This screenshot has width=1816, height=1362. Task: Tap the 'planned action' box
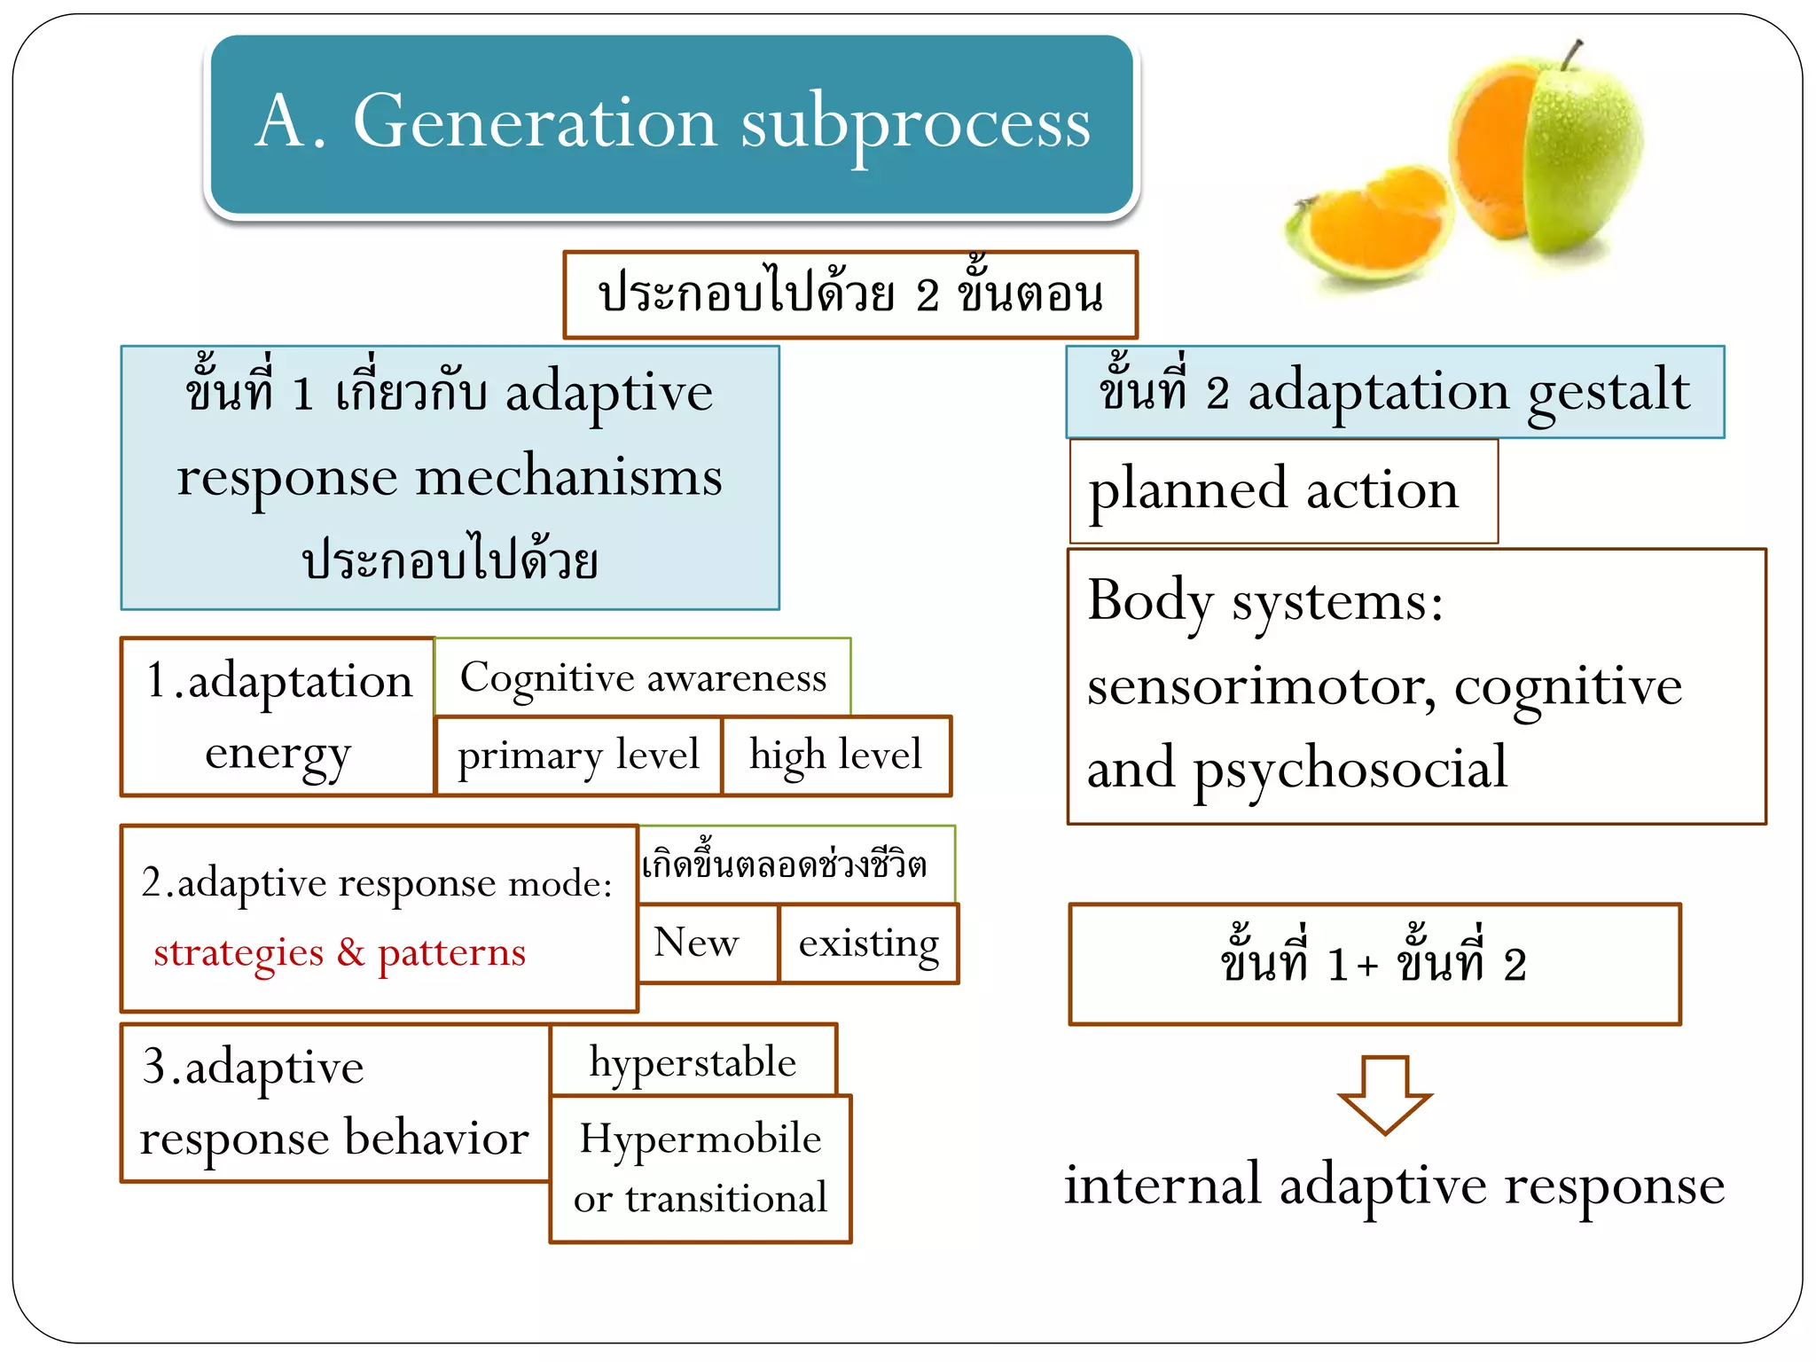(x=1282, y=490)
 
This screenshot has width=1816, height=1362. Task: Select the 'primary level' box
(x=578, y=755)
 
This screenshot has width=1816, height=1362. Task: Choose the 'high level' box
(x=835, y=755)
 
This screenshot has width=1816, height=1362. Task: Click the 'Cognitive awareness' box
(x=643, y=677)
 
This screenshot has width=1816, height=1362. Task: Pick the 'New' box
(x=697, y=943)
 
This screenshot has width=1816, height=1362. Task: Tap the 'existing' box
(x=868, y=943)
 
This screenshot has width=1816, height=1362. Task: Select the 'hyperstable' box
(x=693, y=1061)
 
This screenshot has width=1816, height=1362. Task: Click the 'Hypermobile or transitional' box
(x=700, y=1168)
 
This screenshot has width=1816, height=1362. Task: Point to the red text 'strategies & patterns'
(x=340, y=952)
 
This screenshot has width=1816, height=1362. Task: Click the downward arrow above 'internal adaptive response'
(x=1384, y=1094)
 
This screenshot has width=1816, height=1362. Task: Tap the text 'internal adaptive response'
(x=1394, y=1186)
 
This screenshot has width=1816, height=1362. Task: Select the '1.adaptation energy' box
(x=278, y=716)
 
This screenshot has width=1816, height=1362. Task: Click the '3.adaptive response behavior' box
(x=334, y=1102)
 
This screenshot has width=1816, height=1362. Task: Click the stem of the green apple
(x=1572, y=55)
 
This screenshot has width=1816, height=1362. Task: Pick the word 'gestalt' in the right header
(x=1608, y=391)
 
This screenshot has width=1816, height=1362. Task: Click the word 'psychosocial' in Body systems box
(x=1350, y=768)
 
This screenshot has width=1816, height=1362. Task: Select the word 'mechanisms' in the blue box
(x=568, y=477)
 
